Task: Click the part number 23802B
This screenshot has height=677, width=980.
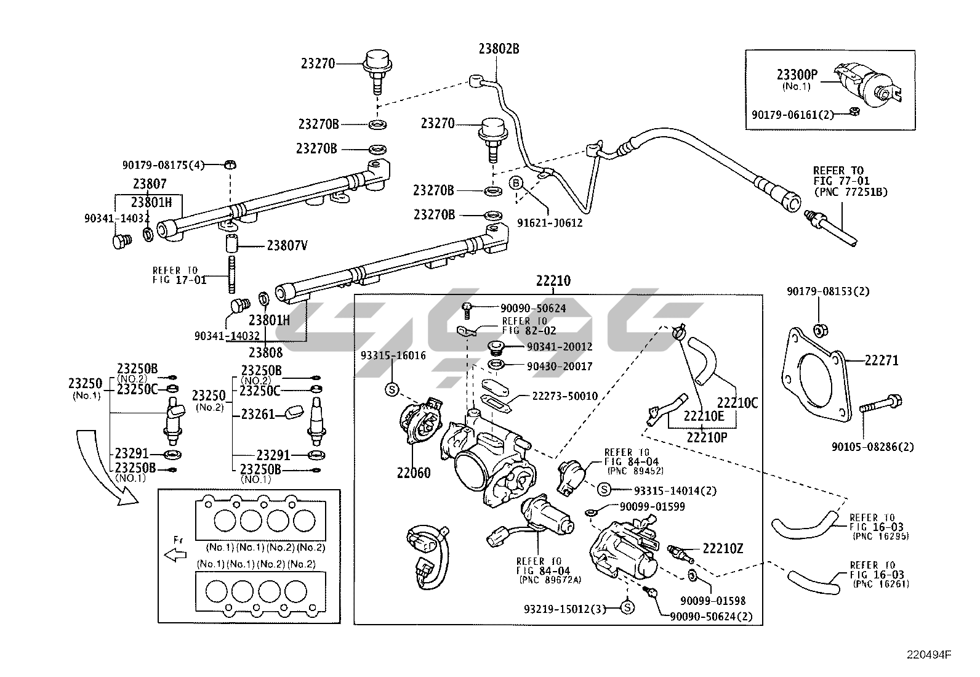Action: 499,49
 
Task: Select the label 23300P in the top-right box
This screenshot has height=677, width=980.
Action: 797,75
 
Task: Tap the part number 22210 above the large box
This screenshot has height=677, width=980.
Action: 553,281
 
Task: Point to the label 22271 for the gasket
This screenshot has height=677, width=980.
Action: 881,360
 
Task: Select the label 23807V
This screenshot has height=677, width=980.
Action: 287,245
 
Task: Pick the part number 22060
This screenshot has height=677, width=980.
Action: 414,473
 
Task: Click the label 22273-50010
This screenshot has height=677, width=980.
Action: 564,396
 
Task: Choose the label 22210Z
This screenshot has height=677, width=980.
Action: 723,548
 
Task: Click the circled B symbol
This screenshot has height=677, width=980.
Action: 516,183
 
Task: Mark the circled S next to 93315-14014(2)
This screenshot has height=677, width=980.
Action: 603,490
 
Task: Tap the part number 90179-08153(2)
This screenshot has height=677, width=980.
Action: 828,291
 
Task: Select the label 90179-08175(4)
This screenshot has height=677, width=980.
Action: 163,164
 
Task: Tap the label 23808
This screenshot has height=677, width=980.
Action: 265,352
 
